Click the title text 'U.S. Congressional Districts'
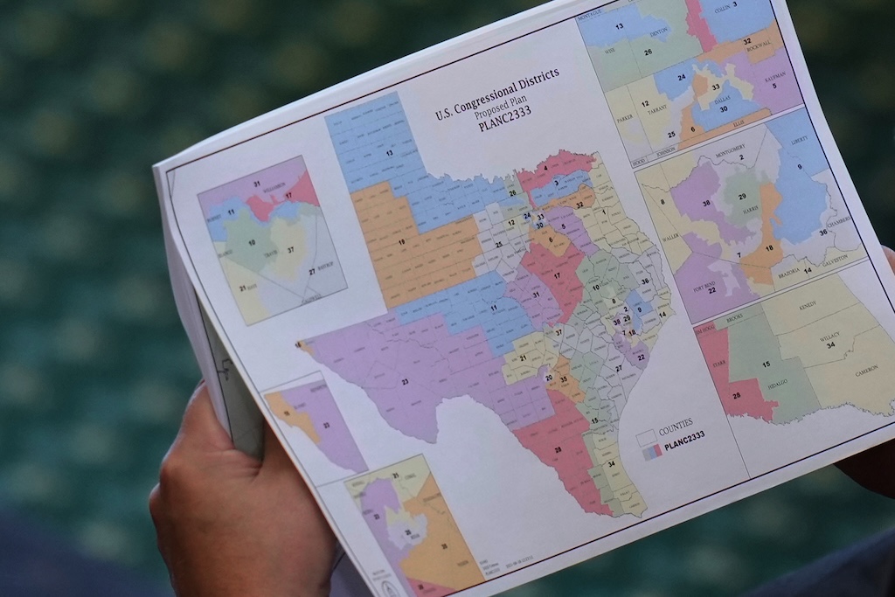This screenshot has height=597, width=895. [497, 94]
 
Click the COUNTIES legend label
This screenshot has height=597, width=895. [676, 423]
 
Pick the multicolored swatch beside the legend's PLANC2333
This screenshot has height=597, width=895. [652, 452]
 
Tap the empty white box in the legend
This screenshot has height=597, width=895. [646, 436]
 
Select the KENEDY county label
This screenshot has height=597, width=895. [807, 305]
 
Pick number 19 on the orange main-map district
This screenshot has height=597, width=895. [401, 241]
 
